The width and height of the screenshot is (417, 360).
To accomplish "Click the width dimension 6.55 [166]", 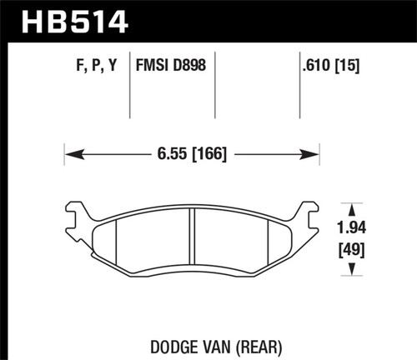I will coord(193,153).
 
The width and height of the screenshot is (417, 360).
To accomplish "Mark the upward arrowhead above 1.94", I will coord(356,211).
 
